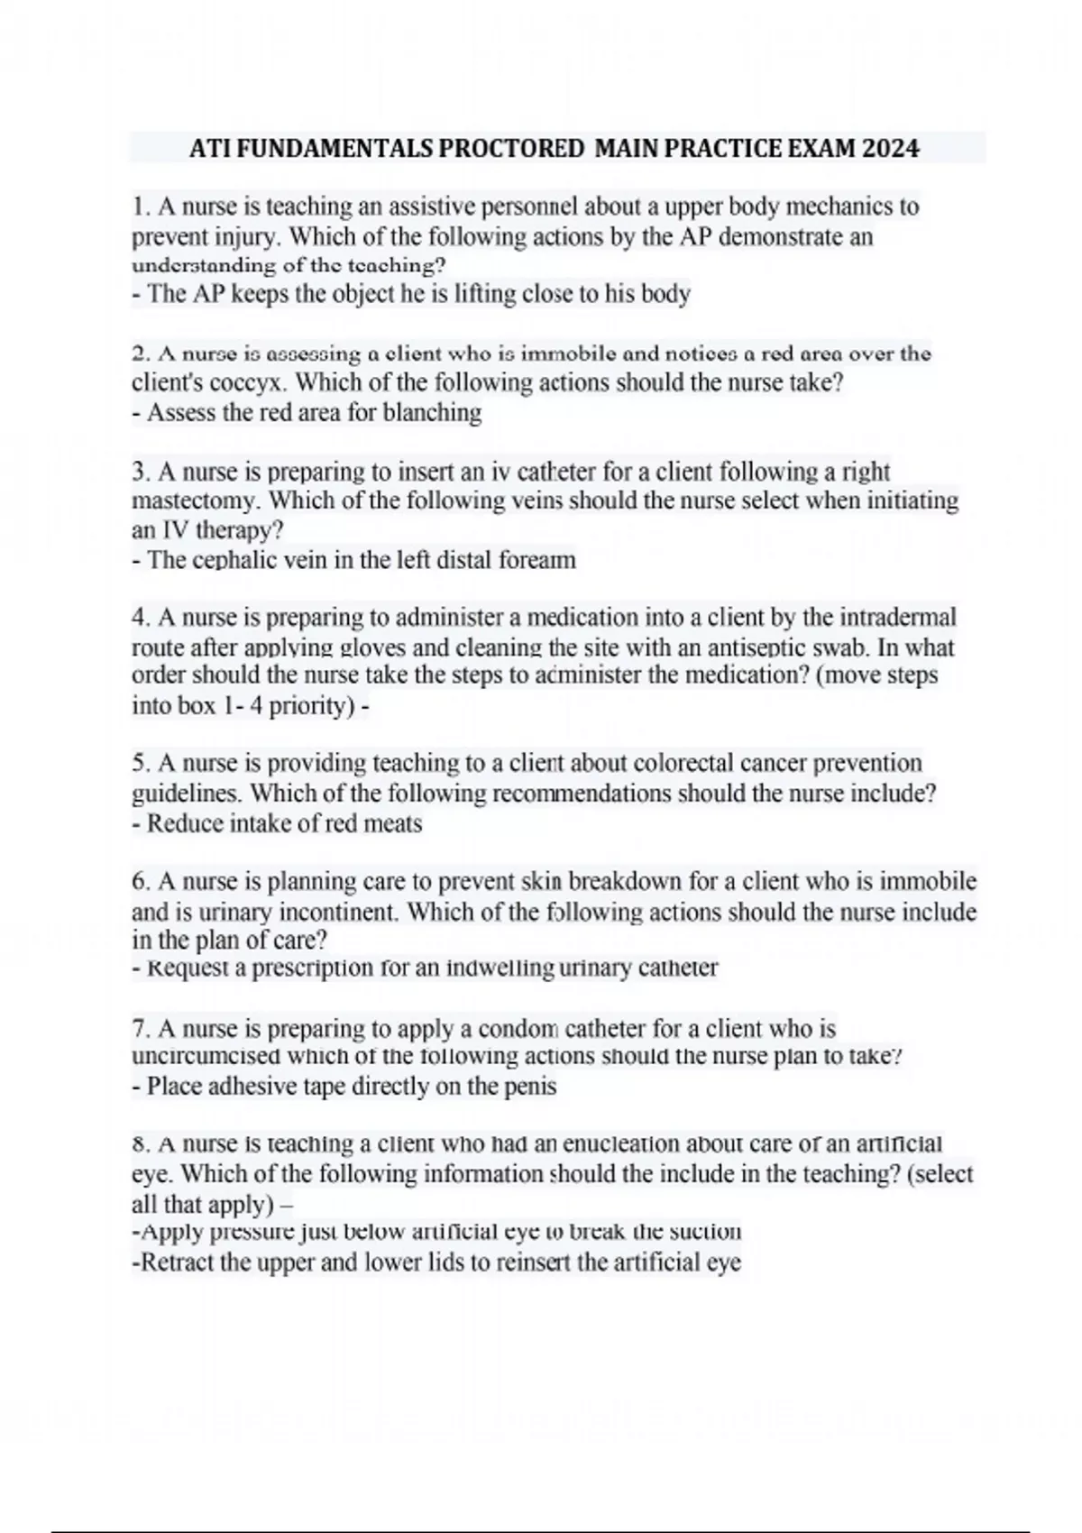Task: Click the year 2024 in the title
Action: click(890, 149)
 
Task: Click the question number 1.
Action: click(139, 207)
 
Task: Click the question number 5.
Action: click(139, 763)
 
